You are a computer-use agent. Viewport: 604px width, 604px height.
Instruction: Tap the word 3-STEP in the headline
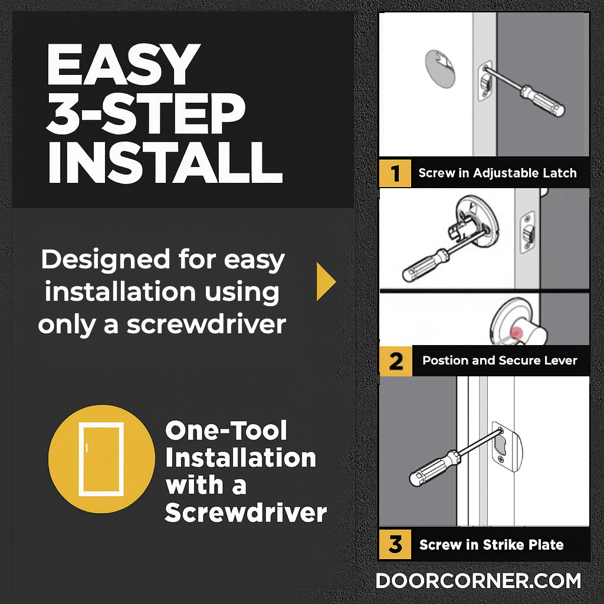(146, 113)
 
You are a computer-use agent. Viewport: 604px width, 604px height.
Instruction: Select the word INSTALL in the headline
(165, 162)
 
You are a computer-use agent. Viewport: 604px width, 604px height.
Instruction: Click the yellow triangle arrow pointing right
(326, 281)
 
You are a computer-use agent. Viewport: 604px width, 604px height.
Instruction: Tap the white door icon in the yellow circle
(101, 459)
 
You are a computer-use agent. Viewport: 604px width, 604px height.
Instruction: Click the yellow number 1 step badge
(395, 173)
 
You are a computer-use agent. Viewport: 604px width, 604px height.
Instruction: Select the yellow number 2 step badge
(396, 361)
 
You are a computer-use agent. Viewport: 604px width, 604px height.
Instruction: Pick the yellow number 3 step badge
(395, 544)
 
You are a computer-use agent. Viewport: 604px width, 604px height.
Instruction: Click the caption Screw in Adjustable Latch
(497, 173)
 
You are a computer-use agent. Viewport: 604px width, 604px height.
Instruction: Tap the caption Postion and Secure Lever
(500, 360)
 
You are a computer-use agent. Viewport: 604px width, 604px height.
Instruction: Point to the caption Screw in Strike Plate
(491, 544)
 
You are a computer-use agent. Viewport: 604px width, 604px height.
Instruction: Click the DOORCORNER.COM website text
(478, 581)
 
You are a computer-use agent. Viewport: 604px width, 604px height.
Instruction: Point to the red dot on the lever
(516, 333)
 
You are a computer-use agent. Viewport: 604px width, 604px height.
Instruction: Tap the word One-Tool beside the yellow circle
(226, 430)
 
